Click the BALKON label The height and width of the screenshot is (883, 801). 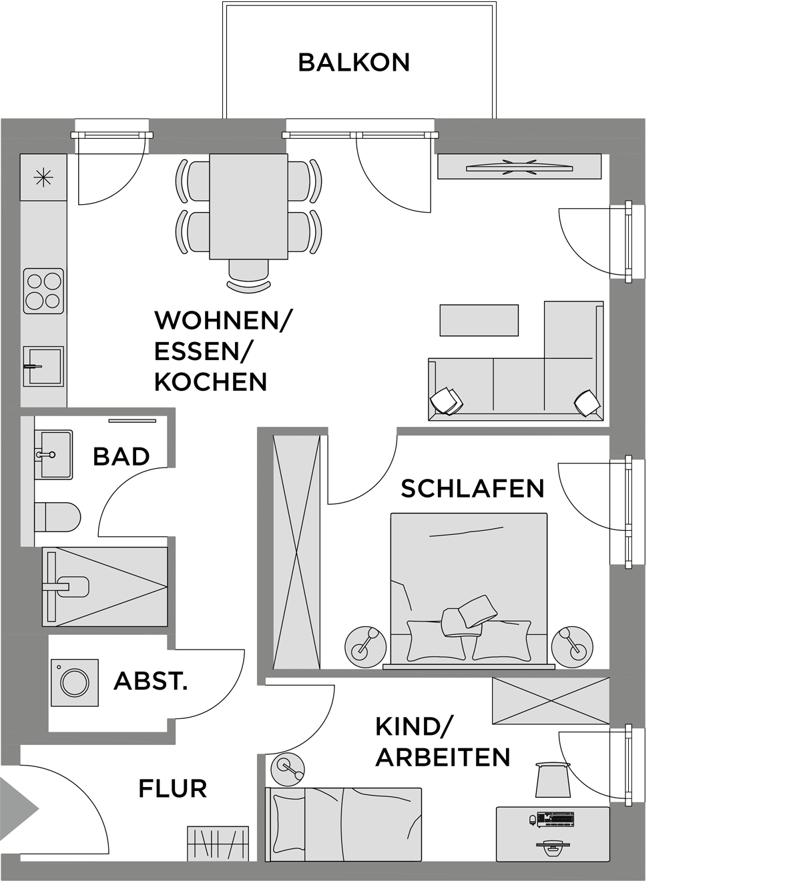coord(354,63)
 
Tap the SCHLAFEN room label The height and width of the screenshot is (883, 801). coord(473,489)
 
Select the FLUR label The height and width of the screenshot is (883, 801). coord(173,788)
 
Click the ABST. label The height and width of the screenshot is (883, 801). coord(151,682)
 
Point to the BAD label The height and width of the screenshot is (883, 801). coord(121,457)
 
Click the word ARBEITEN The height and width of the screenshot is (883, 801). coord(443,757)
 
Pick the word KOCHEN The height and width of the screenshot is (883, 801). coord(211,382)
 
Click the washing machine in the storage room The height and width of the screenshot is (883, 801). coord(75,683)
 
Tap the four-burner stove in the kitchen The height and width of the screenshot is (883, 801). coord(43,291)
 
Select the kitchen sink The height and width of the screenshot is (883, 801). coord(43,366)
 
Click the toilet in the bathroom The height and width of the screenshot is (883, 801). coord(57,517)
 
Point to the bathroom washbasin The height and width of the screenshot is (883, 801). coord(53,454)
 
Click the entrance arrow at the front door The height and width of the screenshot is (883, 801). coord(19,808)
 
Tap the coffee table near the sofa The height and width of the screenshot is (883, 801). coord(479,320)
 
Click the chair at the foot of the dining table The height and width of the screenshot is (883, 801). coord(248,275)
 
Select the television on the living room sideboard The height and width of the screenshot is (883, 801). coord(519,167)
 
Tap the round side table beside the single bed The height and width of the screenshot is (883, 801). coord(288,769)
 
